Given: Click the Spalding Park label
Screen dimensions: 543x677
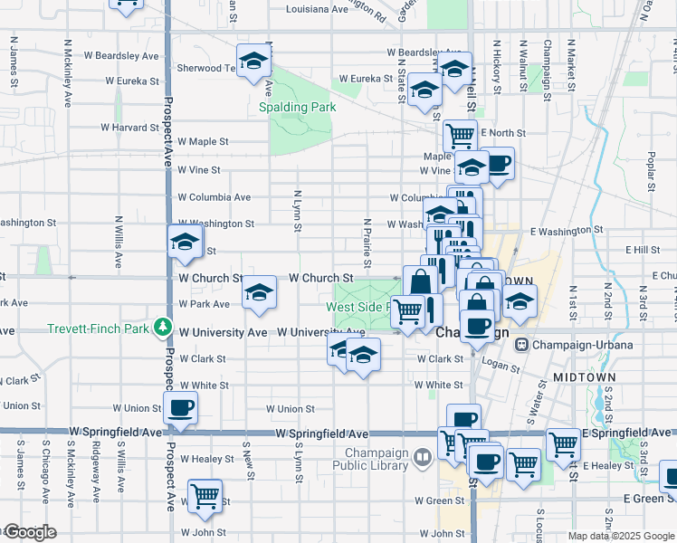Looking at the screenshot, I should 297,107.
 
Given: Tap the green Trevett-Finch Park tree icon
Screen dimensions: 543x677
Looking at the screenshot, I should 162,326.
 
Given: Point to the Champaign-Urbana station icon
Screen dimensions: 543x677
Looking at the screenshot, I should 521,344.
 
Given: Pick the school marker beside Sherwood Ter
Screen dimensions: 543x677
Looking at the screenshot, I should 254,60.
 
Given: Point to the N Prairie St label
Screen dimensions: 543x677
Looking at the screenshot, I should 367,243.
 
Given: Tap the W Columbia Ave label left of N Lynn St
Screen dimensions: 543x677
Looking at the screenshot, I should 214,196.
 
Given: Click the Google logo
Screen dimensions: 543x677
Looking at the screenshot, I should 31,532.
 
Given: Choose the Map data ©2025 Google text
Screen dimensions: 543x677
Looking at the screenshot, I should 621,536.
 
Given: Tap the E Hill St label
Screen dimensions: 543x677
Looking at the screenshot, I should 643,250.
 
